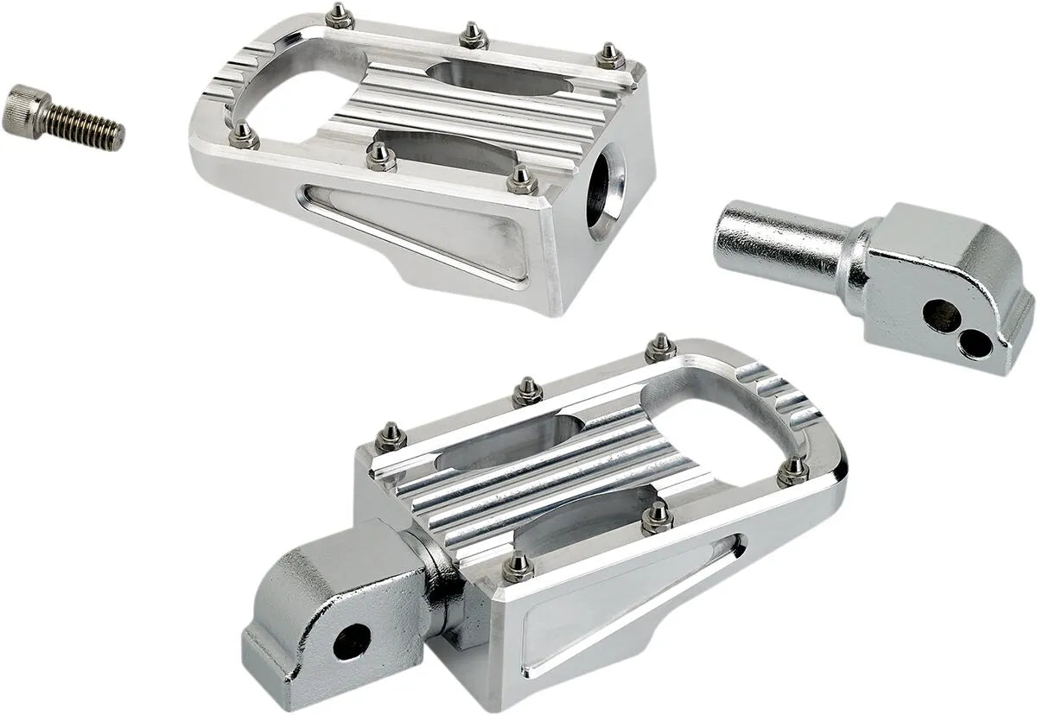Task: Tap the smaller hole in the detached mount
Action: (x=977, y=345)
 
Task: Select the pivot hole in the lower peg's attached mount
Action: (x=352, y=641)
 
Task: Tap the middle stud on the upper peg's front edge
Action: (x=379, y=156)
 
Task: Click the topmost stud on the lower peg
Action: (x=661, y=346)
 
